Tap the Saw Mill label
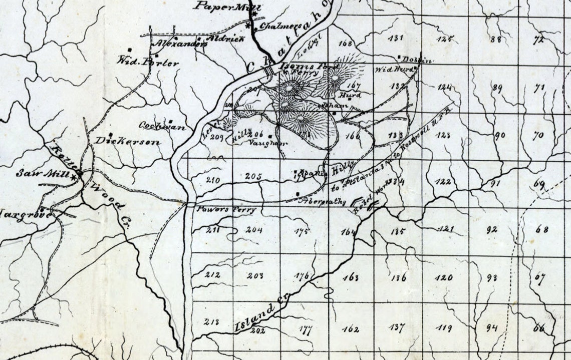click(44, 173)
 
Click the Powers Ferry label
click(226, 210)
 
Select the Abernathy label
click(322, 202)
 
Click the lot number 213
click(212, 321)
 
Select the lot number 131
click(396, 38)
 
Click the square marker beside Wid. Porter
click(130, 50)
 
